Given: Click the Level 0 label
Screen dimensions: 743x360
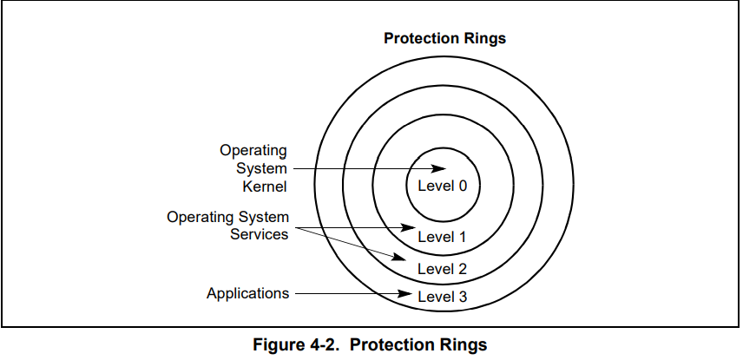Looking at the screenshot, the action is coord(442,186).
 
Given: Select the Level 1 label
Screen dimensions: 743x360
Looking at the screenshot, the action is coord(442,237).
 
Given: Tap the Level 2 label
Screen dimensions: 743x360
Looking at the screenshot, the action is coord(442,269).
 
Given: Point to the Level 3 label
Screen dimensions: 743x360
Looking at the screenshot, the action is coord(442,297).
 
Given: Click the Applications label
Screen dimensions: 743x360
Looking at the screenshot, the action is coord(248,294).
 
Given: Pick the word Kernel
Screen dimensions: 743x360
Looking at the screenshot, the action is coord(265,187).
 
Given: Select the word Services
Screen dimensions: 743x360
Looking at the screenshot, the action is coord(260,234).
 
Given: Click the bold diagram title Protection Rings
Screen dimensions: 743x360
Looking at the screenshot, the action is coord(445,38).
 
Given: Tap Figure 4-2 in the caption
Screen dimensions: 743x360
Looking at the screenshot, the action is coord(296,344).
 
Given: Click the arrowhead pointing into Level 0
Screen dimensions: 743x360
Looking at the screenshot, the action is coord(438,168).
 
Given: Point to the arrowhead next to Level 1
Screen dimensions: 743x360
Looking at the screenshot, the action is coord(408,228).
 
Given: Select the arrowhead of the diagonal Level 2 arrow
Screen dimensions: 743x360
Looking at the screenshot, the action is coord(399,258).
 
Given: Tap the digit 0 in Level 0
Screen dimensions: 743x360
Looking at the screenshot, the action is coord(463,186).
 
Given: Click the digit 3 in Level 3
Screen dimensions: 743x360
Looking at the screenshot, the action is coord(463,297).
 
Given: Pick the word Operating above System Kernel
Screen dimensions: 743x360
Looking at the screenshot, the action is coord(253,151).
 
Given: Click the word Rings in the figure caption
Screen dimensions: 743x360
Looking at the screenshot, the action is coord(462,344).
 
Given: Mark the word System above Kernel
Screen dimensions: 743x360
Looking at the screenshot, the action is coord(261,168).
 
